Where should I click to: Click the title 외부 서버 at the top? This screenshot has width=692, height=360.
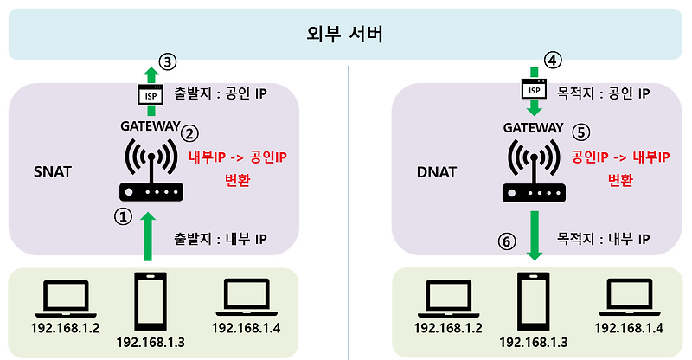pyautogui.click(x=345, y=36)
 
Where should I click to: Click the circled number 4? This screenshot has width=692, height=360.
pyautogui.click(x=553, y=60)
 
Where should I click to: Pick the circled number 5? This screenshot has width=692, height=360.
pyautogui.click(x=580, y=132)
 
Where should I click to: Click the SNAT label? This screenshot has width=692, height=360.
pyautogui.click(x=54, y=171)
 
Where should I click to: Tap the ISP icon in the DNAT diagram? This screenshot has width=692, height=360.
pyautogui.click(x=535, y=88)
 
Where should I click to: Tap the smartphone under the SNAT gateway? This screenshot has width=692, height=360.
pyautogui.click(x=153, y=302)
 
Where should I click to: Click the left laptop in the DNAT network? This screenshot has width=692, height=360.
pyautogui.click(x=447, y=299)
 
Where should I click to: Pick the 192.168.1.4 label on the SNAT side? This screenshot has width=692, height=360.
pyautogui.click(x=247, y=327)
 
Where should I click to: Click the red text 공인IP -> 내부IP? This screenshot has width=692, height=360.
pyautogui.click(x=620, y=157)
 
